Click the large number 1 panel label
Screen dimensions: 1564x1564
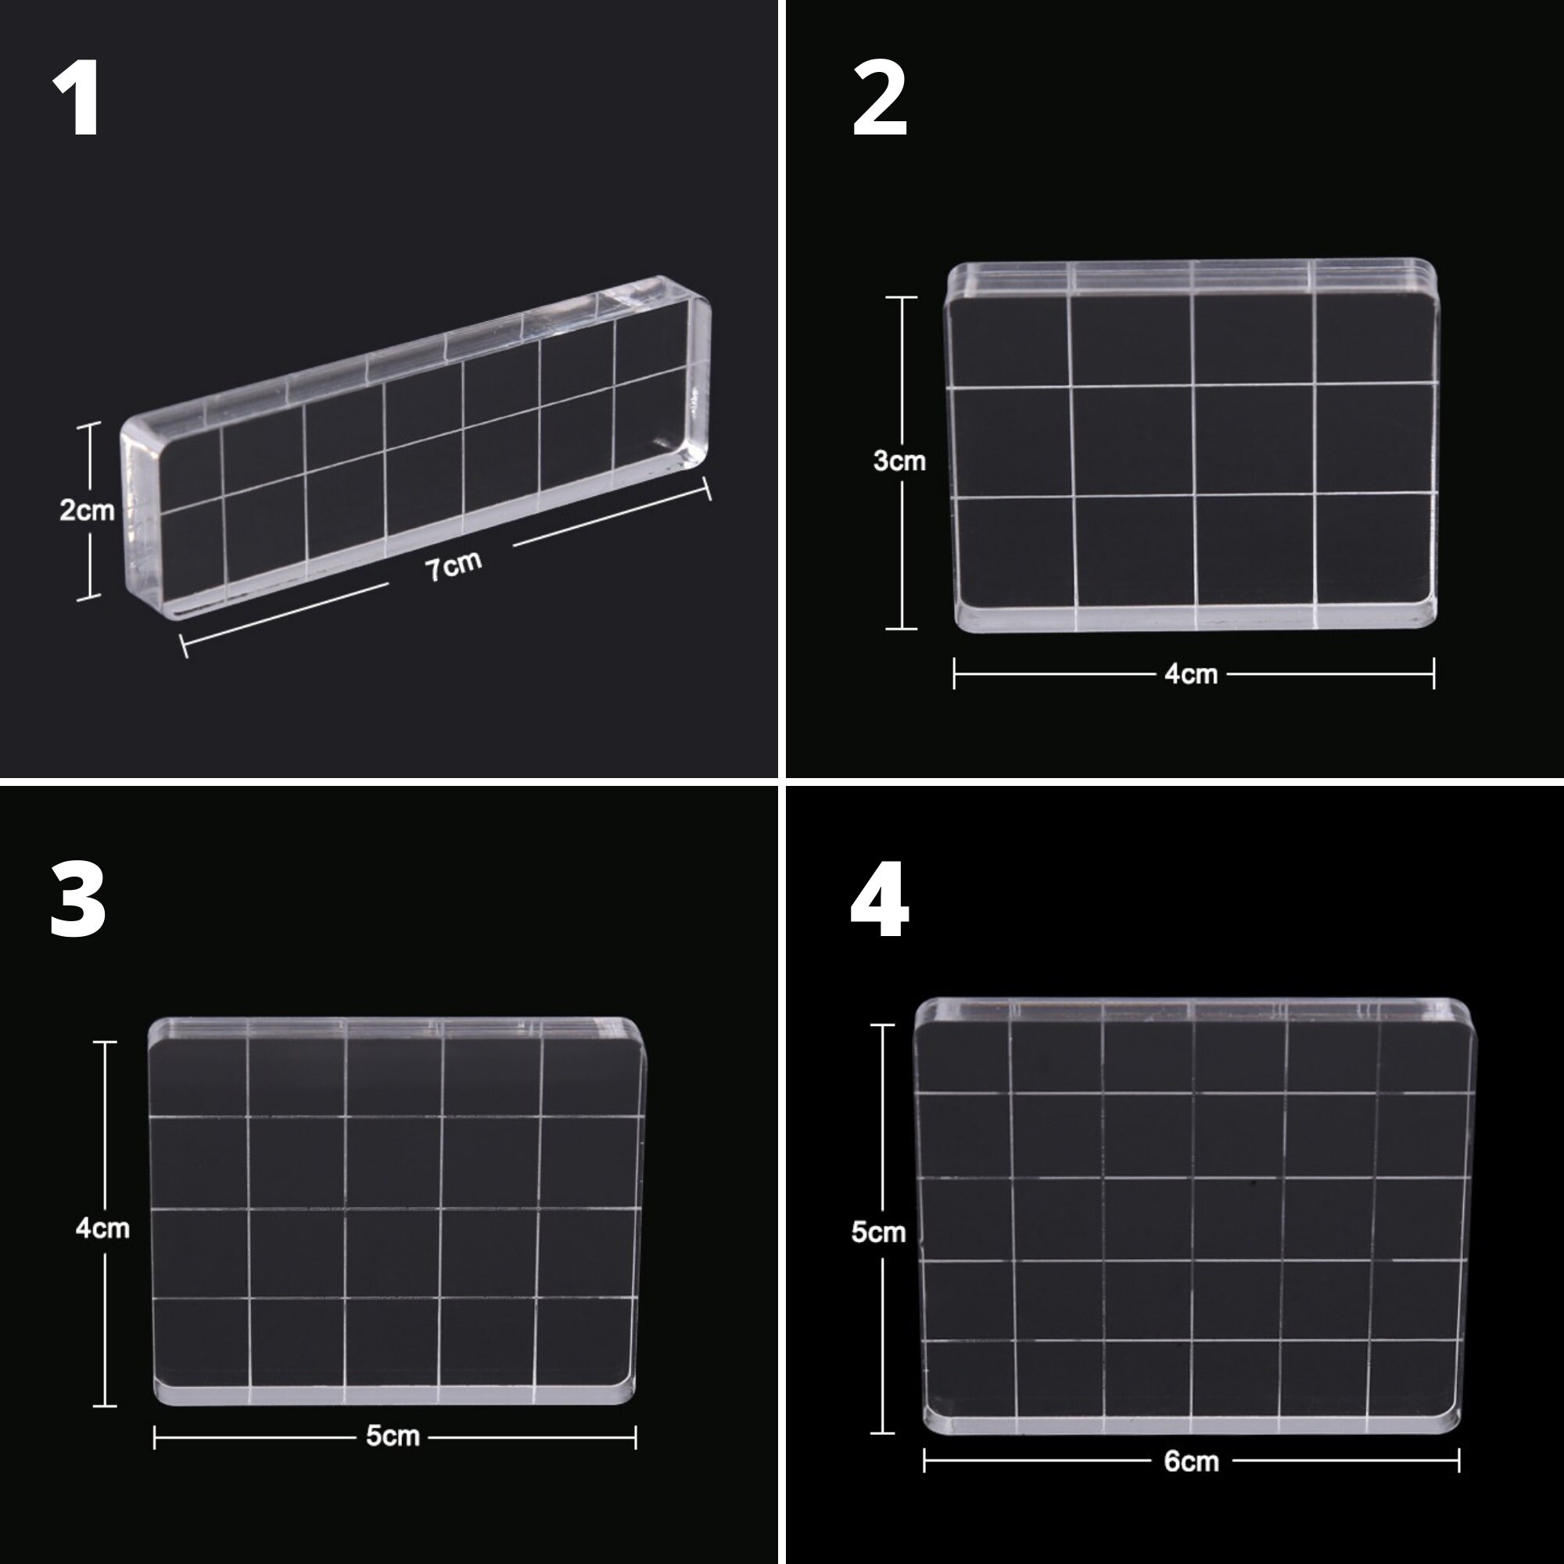[x=77, y=99]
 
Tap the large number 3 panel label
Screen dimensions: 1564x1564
[x=77, y=899]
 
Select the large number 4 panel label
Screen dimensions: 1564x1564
[x=880, y=899]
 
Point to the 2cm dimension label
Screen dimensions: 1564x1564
[x=87, y=510]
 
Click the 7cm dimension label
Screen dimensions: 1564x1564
[x=454, y=565]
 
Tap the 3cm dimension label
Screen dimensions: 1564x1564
[x=899, y=461]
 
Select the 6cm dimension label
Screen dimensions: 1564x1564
[x=1191, y=1462]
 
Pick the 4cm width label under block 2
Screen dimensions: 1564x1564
[x=1191, y=673]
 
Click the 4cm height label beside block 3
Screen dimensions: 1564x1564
[x=102, y=1228]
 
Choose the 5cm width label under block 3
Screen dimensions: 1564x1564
[x=393, y=1436]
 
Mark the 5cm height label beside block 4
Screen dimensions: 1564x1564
[x=877, y=1232]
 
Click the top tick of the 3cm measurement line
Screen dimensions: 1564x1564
[x=901, y=298]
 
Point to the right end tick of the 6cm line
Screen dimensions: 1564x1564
[x=1458, y=1462]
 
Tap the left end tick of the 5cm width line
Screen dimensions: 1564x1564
[x=155, y=1438]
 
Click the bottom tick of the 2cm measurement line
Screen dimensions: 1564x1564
[x=89, y=598]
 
